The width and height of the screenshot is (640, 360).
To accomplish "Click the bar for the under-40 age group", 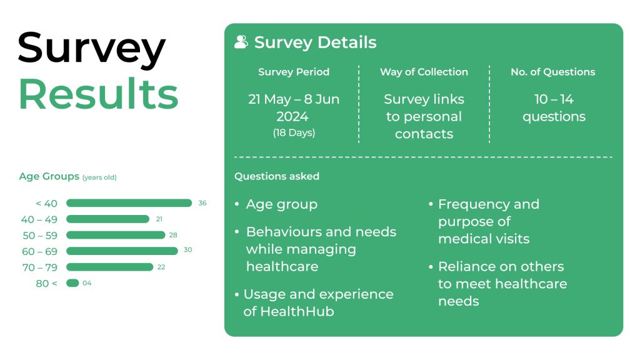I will click(129, 203).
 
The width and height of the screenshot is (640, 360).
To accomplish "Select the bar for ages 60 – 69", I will click(122, 251).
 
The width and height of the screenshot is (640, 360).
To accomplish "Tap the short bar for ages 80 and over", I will click(72, 283).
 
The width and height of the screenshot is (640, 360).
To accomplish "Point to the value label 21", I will click(159, 219).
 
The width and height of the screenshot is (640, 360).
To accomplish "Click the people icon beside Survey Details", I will click(241, 42).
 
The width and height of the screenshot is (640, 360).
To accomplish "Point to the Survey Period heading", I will click(294, 72).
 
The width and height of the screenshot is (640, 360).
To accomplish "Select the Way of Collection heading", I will click(424, 72).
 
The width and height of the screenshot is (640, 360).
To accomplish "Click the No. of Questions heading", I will click(553, 72).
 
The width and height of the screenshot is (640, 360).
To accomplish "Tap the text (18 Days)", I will click(294, 132).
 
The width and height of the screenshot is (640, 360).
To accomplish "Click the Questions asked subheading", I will click(277, 176).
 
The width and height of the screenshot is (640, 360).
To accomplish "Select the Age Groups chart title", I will click(49, 176).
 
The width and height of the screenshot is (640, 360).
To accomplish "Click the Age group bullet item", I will click(281, 204).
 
